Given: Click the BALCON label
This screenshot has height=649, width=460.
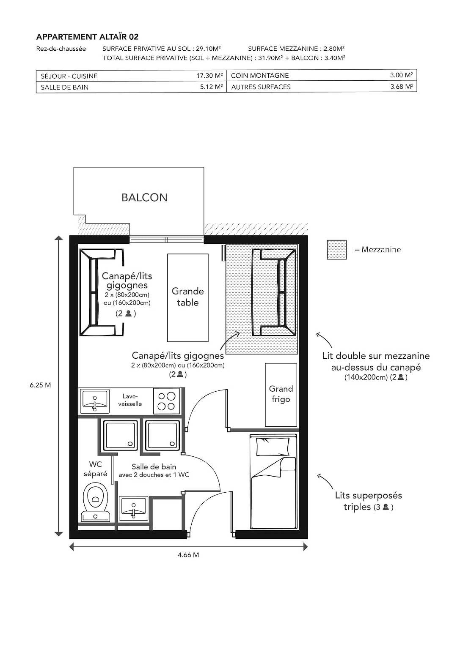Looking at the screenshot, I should pos(144,197).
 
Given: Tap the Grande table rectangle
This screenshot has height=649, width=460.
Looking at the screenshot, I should pos(187,297).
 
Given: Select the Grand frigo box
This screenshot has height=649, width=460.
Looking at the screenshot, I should pos(281,394).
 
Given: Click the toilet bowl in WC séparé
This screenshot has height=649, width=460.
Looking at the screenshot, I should pos(96,499).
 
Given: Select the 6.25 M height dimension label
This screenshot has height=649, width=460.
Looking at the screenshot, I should pos(41,385).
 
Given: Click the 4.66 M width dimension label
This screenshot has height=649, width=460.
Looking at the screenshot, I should pos(188,555).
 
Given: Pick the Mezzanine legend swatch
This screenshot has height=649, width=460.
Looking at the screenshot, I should pos(336,250).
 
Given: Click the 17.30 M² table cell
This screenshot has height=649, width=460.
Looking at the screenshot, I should pos(209,76).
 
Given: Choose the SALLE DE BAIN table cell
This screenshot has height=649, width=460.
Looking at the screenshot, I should pos(65,87).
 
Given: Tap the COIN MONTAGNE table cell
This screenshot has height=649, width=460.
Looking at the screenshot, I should pos(260,76).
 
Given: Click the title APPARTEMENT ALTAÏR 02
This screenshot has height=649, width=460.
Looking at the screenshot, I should pos(88,37).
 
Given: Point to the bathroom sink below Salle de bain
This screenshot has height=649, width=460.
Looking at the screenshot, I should pos(133,509).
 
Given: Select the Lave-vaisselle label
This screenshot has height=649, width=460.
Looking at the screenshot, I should pos(130,400).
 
